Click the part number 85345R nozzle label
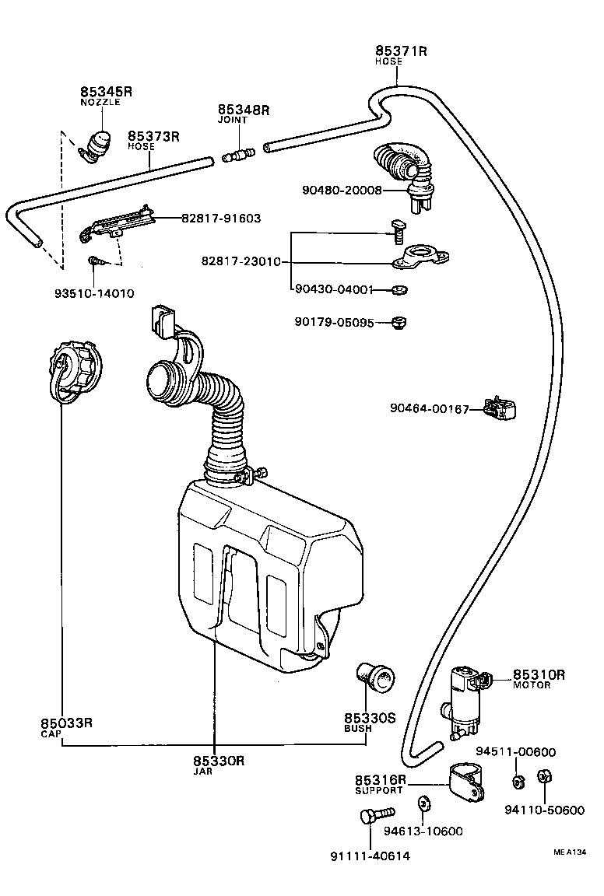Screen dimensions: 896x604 pos(106,92)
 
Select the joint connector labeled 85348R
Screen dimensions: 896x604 pos(236,156)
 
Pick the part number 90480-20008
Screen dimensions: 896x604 pos(342,190)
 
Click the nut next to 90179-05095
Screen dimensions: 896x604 pos(400,321)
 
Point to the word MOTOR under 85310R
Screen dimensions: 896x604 pos(532,685)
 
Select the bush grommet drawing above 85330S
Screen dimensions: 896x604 pos(376,677)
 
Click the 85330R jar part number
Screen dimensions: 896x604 pos(219,761)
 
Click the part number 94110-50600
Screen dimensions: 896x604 pos(544,810)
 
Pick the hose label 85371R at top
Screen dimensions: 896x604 pos(401,51)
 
